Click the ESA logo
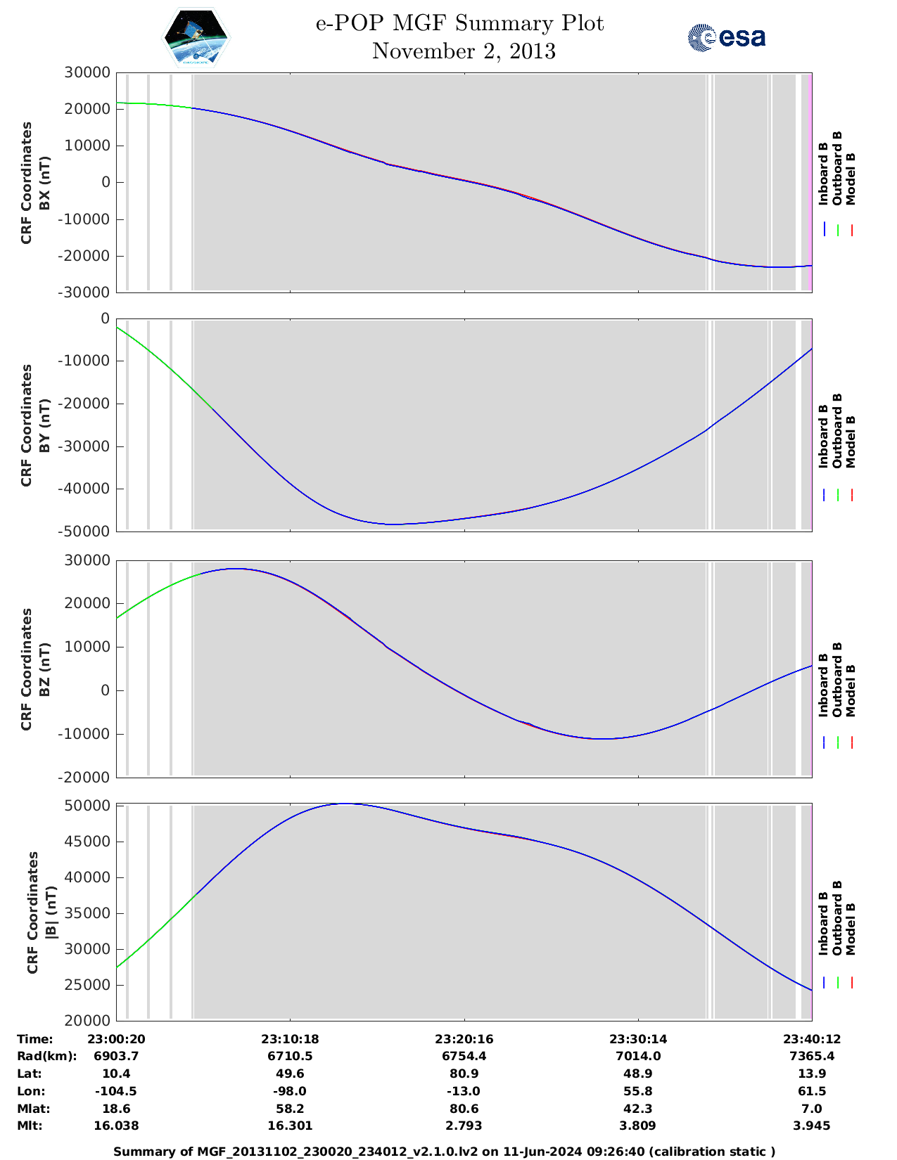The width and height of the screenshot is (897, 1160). (x=726, y=38)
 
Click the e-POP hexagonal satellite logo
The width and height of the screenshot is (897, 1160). (x=196, y=38)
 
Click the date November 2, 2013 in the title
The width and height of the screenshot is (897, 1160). (x=464, y=51)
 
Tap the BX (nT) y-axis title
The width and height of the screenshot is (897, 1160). (x=44, y=183)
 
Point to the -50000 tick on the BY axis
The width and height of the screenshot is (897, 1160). (x=87, y=531)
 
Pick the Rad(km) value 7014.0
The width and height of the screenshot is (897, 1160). (x=637, y=1056)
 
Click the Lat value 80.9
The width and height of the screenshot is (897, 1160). (x=464, y=1074)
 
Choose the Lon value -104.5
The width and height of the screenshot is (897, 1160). (x=116, y=1091)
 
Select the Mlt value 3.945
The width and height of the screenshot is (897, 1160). (x=812, y=1126)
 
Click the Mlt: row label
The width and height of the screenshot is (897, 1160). (x=30, y=1126)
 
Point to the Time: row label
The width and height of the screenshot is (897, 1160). (x=34, y=1039)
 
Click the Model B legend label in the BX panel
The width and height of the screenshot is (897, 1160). (x=851, y=179)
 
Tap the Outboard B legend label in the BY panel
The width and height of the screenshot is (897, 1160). (x=836, y=430)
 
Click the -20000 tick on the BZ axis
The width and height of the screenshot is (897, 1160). (x=87, y=778)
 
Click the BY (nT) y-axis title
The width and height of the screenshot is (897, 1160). (x=44, y=425)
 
